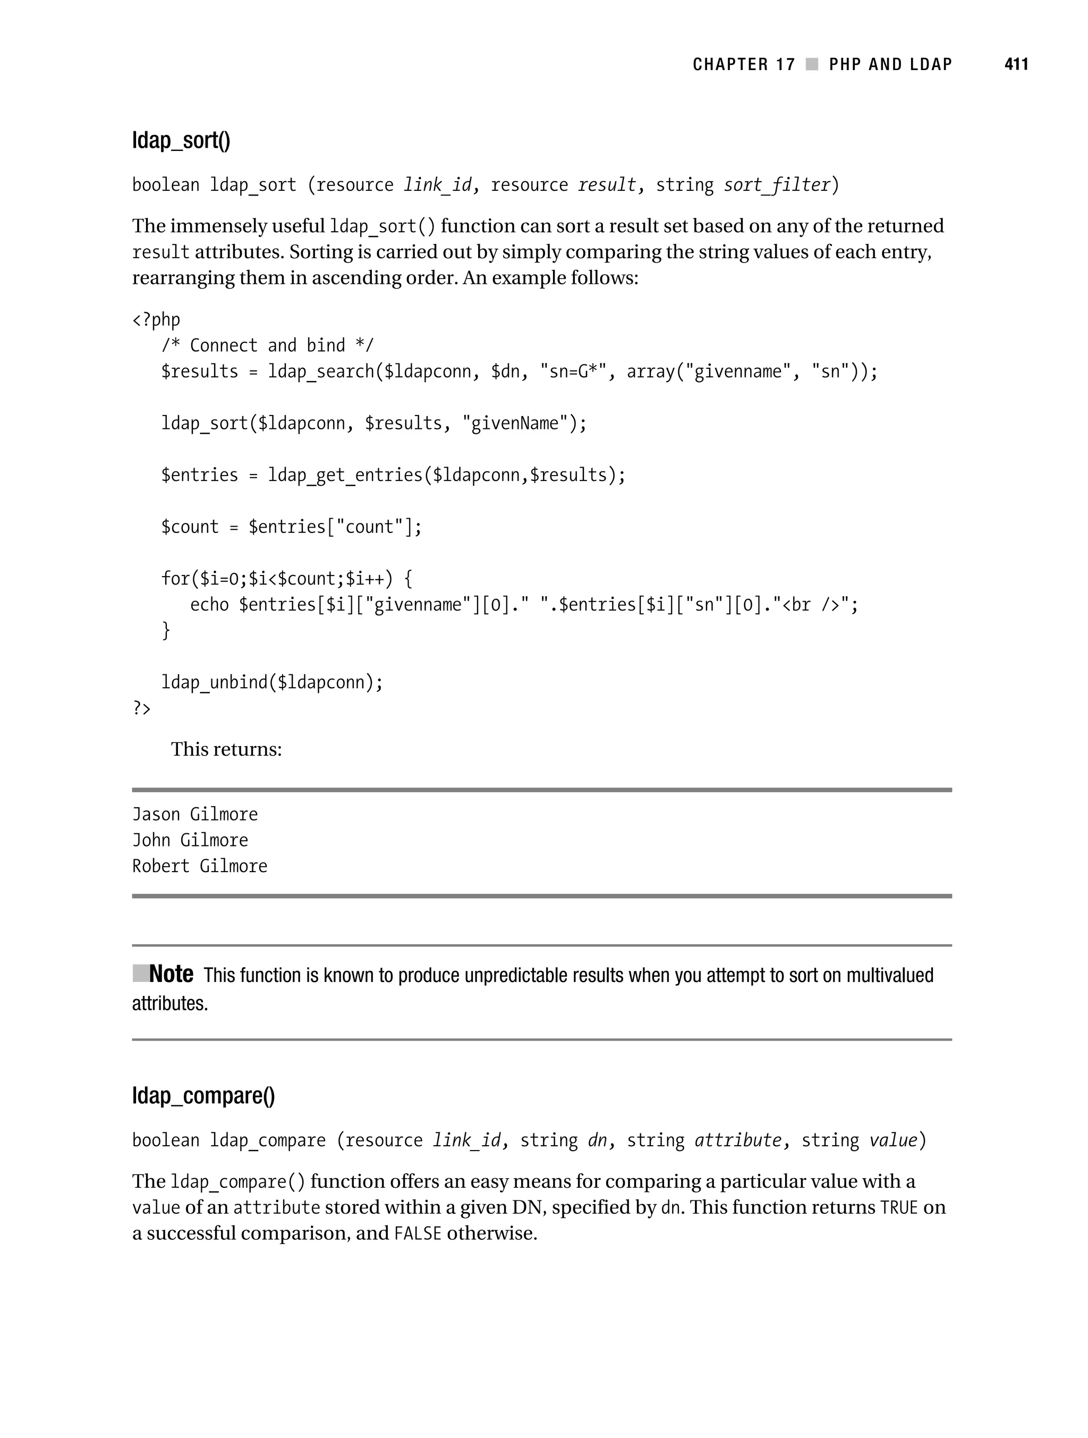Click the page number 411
(x=1016, y=64)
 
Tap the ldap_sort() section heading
(x=181, y=140)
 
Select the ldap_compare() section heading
(x=203, y=1095)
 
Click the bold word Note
(x=171, y=974)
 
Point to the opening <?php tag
(x=156, y=320)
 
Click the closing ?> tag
(x=141, y=708)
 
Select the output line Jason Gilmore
(x=195, y=815)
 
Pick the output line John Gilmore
(x=190, y=841)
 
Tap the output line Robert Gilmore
(x=200, y=867)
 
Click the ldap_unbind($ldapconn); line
(x=271, y=682)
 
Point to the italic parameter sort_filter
(x=777, y=185)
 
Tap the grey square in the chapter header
(x=812, y=64)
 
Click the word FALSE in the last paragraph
(x=417, y=1234)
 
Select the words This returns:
(x=226, y=749)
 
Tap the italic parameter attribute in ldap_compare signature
(x=738, y=1140)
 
